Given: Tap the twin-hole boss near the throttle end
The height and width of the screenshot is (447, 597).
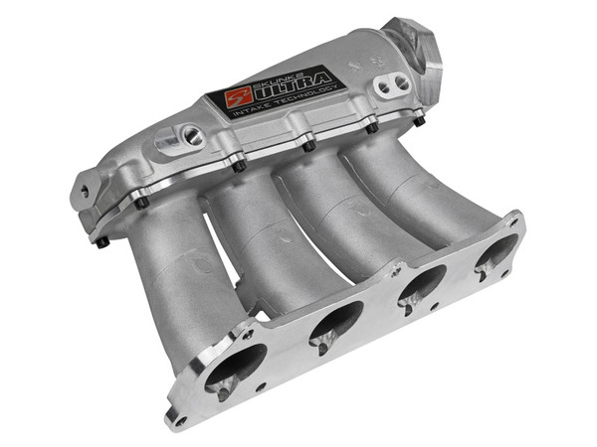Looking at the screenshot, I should tap(385, 86).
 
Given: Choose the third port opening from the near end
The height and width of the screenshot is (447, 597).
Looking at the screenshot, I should tap(421, 285).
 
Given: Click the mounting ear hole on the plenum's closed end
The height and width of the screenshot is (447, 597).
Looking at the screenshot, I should tap(84, 190).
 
